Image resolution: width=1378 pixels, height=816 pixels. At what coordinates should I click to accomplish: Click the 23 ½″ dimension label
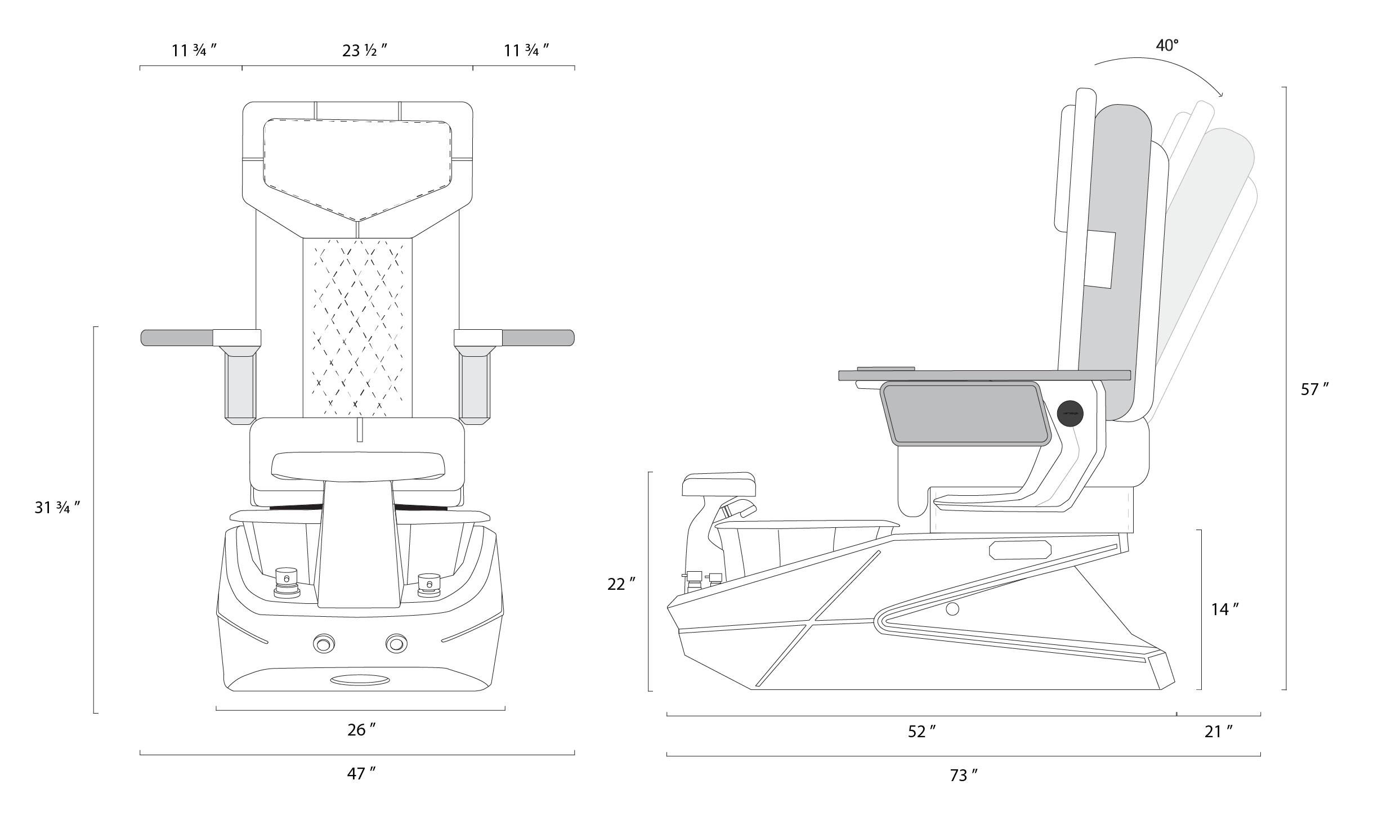[x=364, y=51]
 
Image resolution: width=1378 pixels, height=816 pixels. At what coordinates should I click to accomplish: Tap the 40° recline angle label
[x=1167, y=46]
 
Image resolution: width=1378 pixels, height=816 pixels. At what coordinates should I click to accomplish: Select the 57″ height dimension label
[x=1315, y=389]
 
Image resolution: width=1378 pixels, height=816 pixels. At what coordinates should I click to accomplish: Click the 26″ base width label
[x=361, y=730]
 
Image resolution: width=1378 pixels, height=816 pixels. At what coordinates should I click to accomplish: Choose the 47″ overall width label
[x=361, y=774]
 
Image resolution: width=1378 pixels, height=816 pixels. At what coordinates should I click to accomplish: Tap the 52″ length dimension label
[x=921, y=732]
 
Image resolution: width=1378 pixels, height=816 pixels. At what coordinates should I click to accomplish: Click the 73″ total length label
[x=963, y=775]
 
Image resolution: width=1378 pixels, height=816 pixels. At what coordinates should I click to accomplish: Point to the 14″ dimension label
[x=1225, y=609]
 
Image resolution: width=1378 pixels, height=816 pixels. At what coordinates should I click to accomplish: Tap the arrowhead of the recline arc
[x=1219, y=94]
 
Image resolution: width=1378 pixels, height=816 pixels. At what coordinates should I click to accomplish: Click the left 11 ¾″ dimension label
[x=194, y=51]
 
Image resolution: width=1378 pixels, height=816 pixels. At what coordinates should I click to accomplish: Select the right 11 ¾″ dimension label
[x=526, y=51]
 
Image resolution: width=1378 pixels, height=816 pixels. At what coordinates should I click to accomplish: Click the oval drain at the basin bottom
[x=360, y=680]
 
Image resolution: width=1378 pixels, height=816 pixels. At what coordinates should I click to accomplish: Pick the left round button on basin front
[x=324, y=643]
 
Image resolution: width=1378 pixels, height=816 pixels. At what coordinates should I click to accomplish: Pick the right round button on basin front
[x=396, y=643]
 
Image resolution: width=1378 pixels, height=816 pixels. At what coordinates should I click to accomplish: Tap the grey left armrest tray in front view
[x=177, y=338]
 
